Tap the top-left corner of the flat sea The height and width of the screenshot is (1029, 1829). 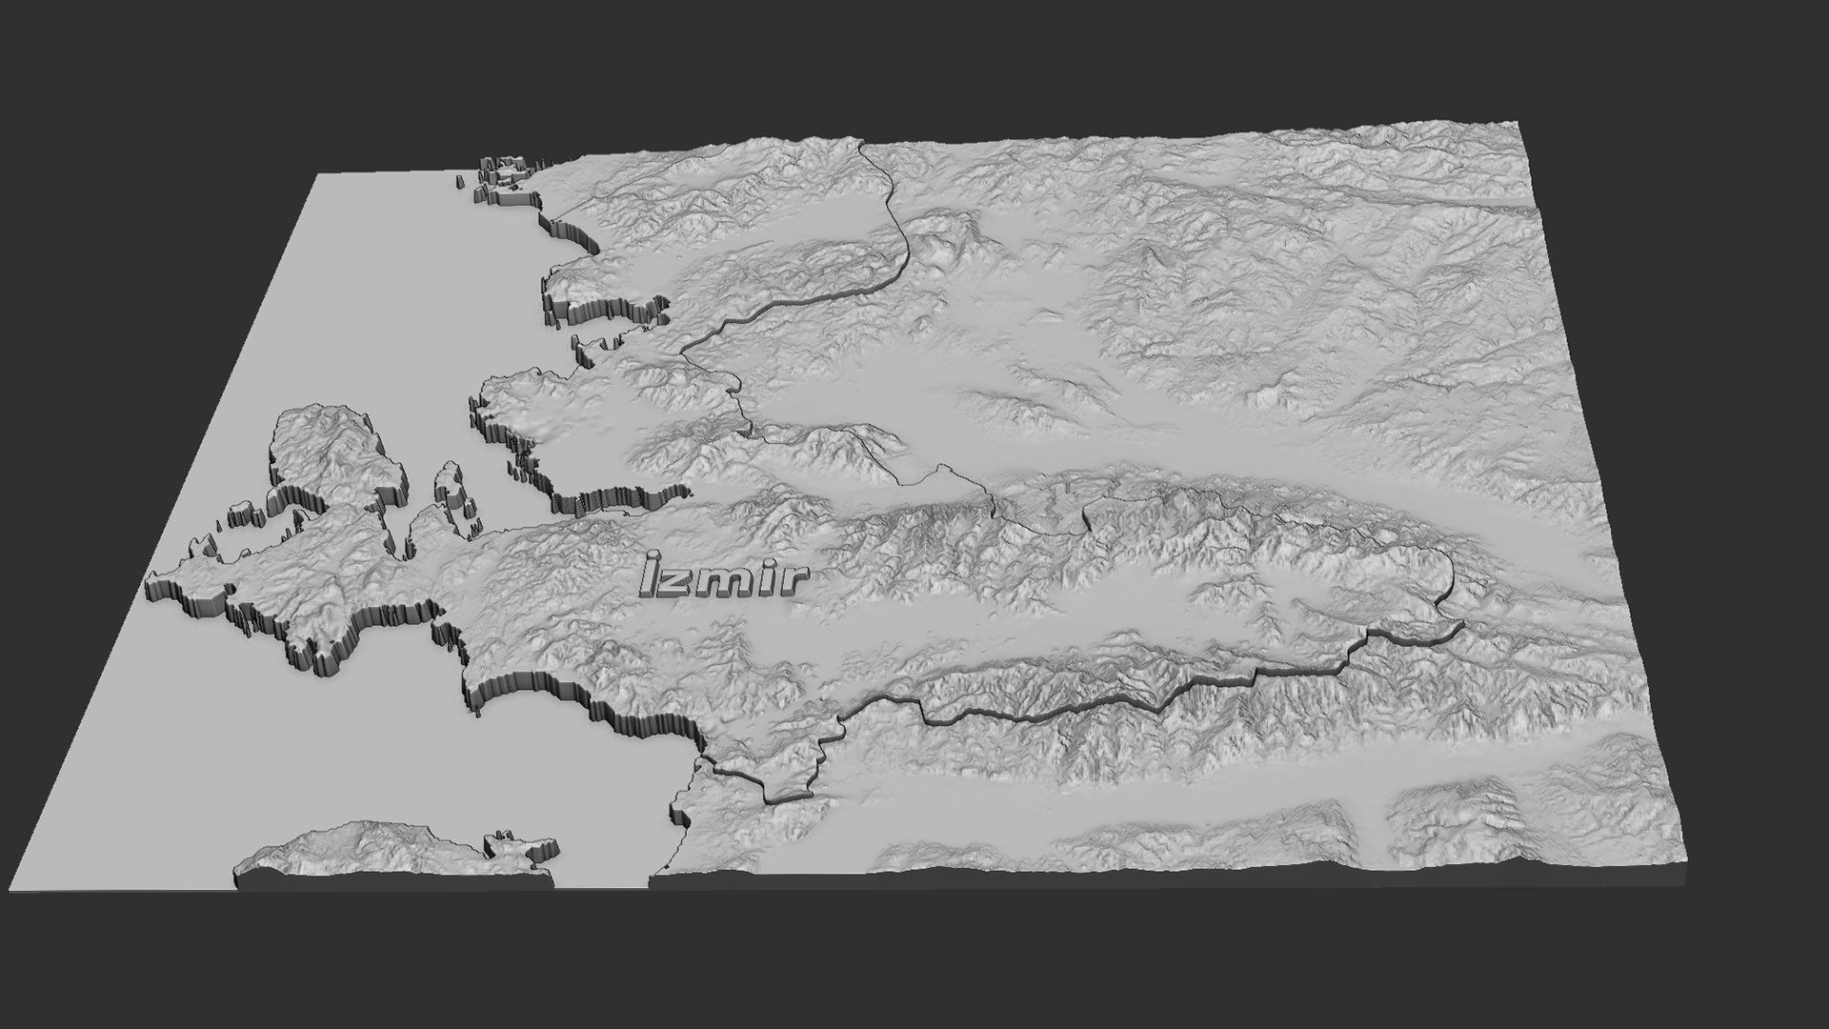(x=315, y=174)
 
